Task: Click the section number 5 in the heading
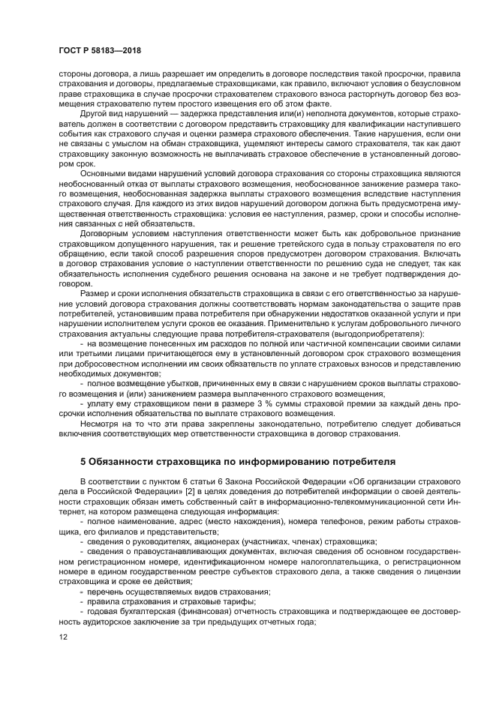tap(83, 460)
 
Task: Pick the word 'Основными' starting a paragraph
tap(103, 172)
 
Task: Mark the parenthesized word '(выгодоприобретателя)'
tap(380, 332)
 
